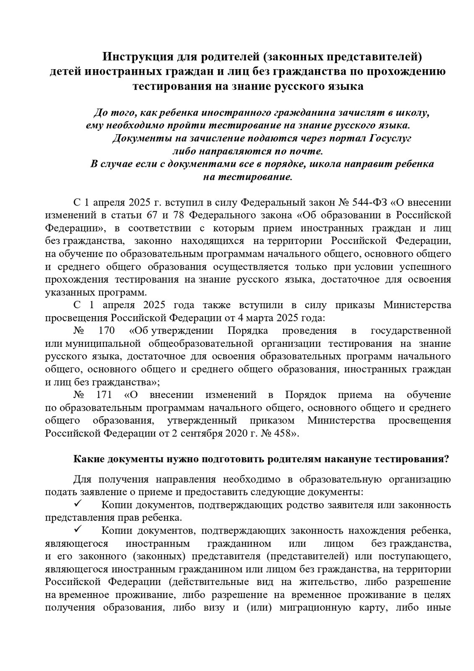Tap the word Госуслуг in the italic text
click(391, 138)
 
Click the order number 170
click(106, 330)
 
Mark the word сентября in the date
click(205, 433)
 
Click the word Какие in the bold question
click(88, 459)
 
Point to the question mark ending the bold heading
click(448, 459)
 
